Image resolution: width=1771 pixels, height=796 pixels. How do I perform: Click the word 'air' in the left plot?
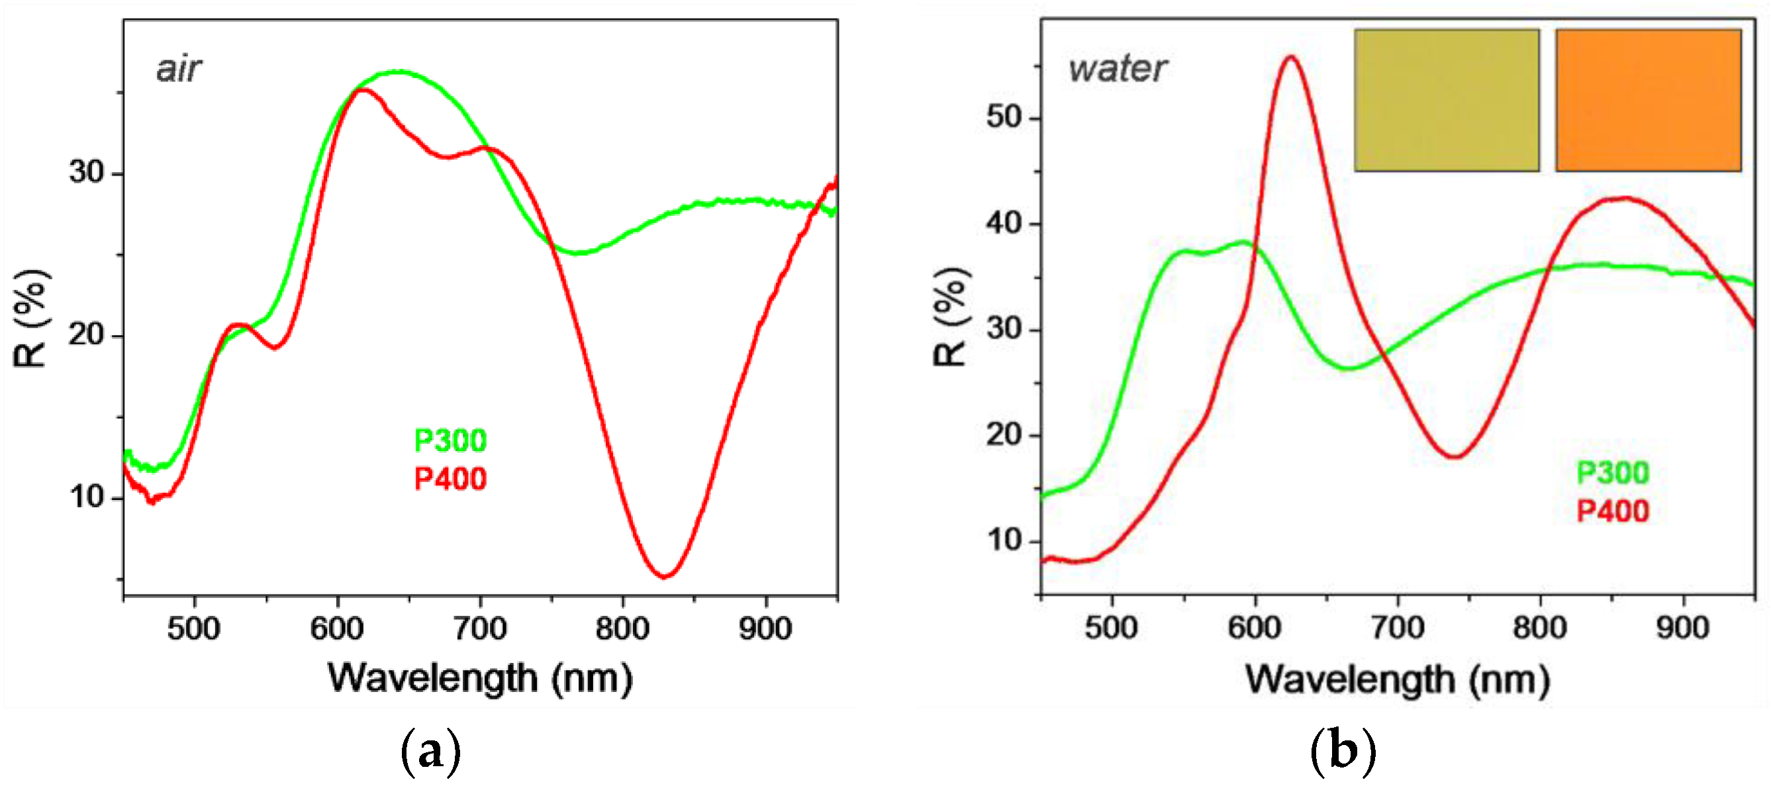tap(178, 69)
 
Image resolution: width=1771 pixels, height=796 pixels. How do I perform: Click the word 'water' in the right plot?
tap(1117, 69)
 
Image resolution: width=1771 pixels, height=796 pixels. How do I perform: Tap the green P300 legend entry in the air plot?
tap(450, 440)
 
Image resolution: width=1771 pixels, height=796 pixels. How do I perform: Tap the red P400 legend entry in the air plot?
tap(450, 479)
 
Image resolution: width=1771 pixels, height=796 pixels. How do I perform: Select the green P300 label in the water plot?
tap(1612, 473)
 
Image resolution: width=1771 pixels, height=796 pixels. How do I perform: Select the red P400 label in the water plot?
tap(1612, 511)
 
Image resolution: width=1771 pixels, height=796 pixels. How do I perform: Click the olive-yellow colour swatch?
tap(1447, 101)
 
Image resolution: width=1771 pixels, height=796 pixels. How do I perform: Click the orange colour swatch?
tap(1648, 101)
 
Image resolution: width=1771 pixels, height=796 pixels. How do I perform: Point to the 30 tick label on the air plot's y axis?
tap(86, 172)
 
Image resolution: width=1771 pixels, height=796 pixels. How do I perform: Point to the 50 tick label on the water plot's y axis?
tap(1004, 117)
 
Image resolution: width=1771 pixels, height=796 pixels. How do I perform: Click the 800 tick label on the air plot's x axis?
tap(622, 628)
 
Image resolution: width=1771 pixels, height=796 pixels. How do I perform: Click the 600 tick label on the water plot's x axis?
tap(1255, 628)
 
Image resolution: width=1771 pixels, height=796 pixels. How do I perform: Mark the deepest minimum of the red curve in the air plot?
tap(664, 576)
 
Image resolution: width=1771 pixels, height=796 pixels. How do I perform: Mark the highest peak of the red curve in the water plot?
tap(1290, 57)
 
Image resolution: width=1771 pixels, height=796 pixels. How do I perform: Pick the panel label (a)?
tap(430, 752)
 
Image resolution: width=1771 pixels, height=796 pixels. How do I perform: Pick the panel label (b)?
tap(1343, 752)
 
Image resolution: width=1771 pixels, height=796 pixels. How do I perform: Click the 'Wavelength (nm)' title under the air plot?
tap(480, 679)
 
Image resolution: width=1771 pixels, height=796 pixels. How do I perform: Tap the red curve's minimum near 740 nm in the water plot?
tap(1455, 456)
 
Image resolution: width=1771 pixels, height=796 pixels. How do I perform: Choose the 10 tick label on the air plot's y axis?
tap(86, 497)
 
